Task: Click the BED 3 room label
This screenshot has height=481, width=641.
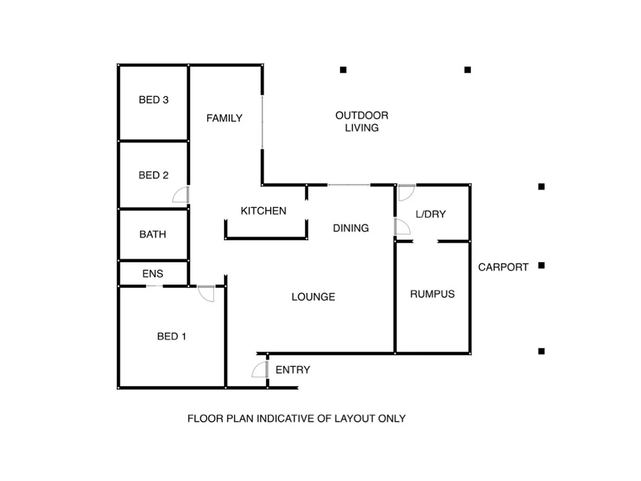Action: point(153,100)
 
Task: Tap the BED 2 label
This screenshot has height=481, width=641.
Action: point(153,175)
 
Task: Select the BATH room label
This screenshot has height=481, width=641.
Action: point(153,234)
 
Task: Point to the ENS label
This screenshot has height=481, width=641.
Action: point(153,274)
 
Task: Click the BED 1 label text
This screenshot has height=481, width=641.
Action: point(171,337)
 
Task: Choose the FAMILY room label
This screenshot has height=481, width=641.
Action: point(224,118)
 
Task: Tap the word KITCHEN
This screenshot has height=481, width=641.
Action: point(263,211)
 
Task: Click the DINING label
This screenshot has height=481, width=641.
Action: point(351,228)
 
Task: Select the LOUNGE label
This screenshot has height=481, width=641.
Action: point(313,297)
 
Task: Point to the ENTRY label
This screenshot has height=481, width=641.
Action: point(293,370)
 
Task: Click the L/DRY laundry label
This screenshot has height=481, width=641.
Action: point(431,214)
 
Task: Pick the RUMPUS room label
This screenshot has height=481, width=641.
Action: point(432,294)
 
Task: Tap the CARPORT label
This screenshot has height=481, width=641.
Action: point(503,267)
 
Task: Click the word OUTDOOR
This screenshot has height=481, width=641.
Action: point(362,115)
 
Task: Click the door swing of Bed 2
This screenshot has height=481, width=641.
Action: point(181,195)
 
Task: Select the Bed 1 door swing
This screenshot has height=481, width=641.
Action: point(206,293)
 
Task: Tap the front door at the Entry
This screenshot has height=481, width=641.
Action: point(260,370)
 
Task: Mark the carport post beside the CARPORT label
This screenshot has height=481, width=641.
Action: point(541,265)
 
